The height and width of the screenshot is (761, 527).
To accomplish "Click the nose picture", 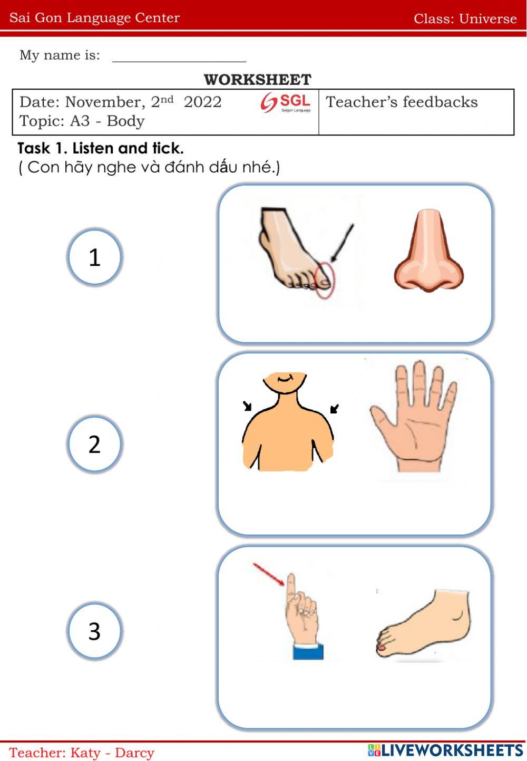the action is tap(428, 251).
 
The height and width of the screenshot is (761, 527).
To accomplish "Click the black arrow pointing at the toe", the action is tap(342, 243).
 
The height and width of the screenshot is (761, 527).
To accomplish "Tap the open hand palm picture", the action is tap(414, 417).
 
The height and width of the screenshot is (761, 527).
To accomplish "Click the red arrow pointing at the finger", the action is tap(269, 574).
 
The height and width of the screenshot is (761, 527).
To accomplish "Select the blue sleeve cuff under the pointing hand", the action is tap(308, 651).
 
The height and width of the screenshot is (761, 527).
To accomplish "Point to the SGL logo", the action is tap(286, 102).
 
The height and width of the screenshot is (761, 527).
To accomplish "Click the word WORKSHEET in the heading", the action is tap(257, 80).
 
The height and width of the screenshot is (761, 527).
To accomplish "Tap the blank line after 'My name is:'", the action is tap(179, 62).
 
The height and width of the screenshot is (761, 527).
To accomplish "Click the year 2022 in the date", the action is tap(203, 102).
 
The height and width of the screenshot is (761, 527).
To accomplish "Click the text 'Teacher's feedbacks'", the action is tap(402, 102).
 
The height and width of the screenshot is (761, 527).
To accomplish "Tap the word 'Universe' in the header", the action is tap(488, 18).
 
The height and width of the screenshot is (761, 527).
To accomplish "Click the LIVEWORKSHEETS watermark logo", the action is tap(445, 750).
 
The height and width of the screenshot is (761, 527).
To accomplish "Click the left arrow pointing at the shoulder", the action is tap(247, 406).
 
